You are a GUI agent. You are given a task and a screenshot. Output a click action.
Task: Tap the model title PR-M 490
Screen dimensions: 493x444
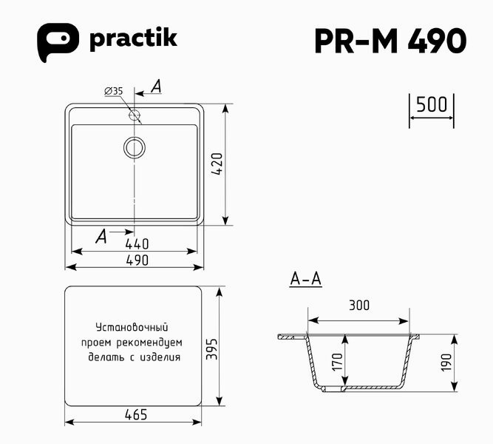click(390, 41)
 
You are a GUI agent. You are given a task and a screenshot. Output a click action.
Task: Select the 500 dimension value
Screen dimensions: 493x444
click(432, 104)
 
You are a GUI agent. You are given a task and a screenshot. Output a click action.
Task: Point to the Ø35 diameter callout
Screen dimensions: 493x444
click(114, 91)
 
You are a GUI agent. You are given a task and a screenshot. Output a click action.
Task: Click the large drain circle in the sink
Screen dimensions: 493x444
click(135, 147)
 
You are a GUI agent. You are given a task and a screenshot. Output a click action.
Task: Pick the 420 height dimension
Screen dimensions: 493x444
click(217, 164)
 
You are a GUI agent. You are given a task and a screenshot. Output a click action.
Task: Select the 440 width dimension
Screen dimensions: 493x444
click(137, 243)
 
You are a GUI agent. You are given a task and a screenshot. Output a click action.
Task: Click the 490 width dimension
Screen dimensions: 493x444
click(137, 260)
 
